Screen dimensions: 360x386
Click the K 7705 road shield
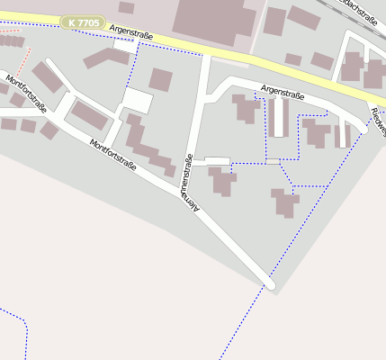click(x=83, y=22)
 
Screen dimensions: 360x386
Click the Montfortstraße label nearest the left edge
click(x=24, y=93)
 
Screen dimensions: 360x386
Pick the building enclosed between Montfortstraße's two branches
click(x=89, y=114)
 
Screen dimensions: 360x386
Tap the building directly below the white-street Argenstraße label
click(x=245, y=109)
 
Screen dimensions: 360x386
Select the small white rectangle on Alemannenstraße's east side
click(x=218, y=160)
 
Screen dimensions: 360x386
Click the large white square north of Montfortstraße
click(x=137, y=100)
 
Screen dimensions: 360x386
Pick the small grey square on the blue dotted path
click(x=273, y=161)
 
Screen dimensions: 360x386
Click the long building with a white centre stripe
click(x=279, y=117)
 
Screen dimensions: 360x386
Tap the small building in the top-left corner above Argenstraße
click(x=127, y=7)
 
